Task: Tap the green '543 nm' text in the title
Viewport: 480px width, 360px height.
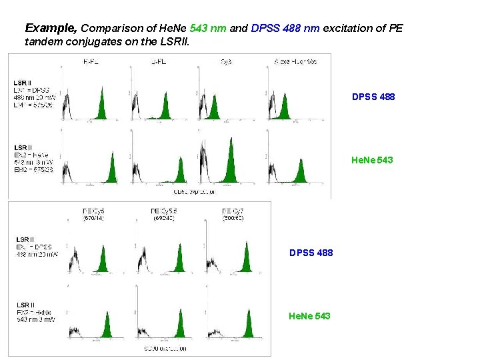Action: click(209, 29)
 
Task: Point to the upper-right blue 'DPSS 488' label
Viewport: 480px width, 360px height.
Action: click(373, 97)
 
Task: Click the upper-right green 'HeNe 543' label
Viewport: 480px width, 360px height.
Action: click(372, 160)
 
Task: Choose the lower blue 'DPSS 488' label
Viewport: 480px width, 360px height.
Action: click(311, 253)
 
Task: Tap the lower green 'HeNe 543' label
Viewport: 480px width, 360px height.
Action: click(309, 315)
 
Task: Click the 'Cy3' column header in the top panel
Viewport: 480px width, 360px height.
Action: click(226, 61)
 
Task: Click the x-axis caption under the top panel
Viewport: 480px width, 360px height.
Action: click(193, 193)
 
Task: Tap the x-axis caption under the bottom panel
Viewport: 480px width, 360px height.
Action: click(165, 349)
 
